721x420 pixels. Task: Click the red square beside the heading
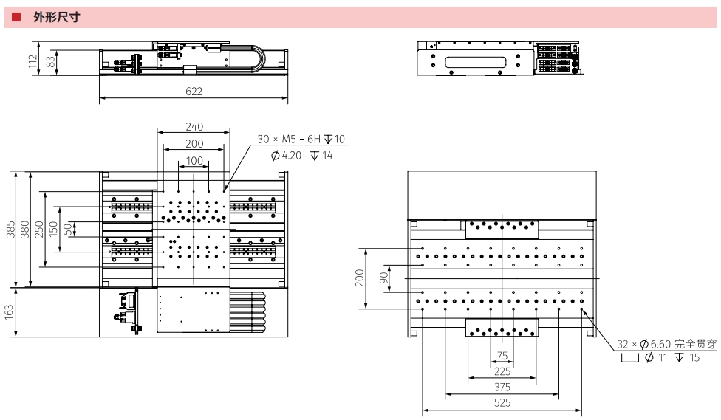(16, 17)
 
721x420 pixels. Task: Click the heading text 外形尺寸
(57, 18)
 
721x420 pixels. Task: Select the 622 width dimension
(194, 92)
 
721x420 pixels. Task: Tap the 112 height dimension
(33, 61)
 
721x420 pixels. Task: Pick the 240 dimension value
(194, 126)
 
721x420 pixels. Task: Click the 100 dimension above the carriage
(194, 160)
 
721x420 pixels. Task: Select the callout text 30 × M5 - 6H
(289, 140)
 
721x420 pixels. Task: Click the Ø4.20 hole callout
(287, 156)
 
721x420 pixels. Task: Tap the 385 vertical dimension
(10, 230)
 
